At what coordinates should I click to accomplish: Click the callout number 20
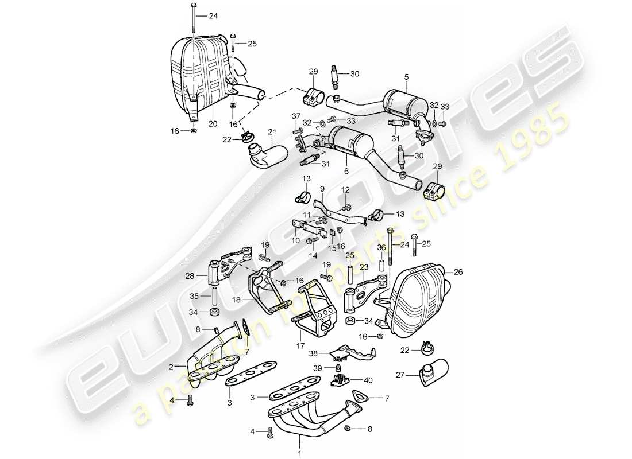point(212,124)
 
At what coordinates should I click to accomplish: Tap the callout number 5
point(406,76)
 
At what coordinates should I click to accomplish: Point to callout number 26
point(458,272)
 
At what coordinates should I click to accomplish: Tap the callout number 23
point(364,267)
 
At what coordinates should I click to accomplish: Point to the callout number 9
point(322,188)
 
